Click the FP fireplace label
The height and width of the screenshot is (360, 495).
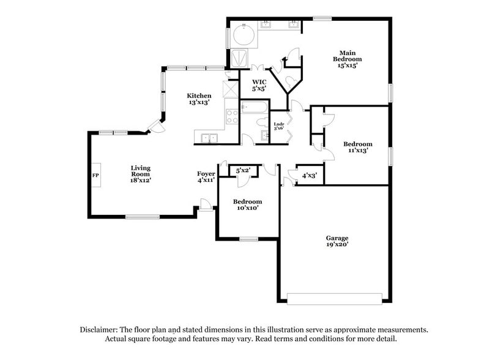95,176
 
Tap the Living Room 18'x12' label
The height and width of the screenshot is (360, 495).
140,174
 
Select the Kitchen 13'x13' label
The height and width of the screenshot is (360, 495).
199,99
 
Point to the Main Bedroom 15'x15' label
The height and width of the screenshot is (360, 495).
347,59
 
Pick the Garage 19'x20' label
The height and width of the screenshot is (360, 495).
337,241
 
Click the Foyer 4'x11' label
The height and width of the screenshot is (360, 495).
206,177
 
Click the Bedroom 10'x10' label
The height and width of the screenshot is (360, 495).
247,204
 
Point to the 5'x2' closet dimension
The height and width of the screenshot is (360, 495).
244,170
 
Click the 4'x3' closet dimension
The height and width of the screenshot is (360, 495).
309,176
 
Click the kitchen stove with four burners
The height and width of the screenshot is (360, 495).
232,116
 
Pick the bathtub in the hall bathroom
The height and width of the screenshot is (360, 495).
253,108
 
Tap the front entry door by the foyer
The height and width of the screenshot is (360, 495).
206,208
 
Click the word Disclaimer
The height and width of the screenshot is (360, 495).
100,329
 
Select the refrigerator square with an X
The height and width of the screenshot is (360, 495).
231,88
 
